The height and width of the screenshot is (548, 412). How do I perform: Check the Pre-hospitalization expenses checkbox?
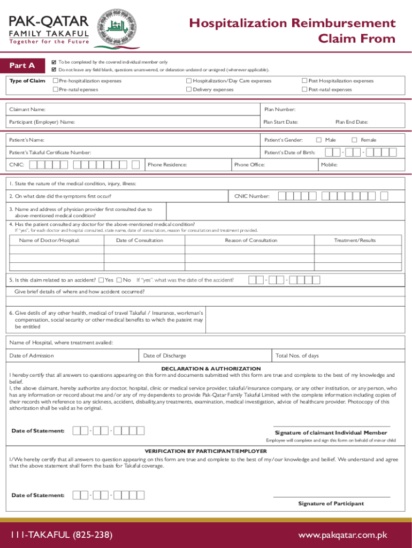55,81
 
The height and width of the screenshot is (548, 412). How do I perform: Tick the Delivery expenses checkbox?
189,89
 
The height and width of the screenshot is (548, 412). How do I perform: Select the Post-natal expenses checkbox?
304,89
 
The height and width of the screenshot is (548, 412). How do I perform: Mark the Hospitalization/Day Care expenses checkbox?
189,81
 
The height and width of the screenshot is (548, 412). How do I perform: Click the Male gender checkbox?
319,140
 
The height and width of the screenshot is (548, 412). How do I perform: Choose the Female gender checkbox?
354,140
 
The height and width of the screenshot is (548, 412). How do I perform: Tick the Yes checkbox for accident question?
101,280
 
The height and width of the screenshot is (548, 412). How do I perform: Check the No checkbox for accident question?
119,280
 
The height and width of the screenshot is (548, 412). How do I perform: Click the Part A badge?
22,65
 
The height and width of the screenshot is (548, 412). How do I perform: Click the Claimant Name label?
27,109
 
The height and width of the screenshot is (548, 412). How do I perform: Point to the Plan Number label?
280,109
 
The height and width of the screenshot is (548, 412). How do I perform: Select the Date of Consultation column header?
140,240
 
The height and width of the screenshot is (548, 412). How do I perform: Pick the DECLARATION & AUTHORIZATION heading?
211,369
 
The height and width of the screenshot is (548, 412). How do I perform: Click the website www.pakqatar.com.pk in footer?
342,535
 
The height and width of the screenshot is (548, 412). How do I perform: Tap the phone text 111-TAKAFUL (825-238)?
61,535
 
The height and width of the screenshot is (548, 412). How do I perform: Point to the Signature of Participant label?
331,504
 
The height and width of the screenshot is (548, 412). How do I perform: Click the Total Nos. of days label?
297,355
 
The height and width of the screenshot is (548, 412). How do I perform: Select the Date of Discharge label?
165,355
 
